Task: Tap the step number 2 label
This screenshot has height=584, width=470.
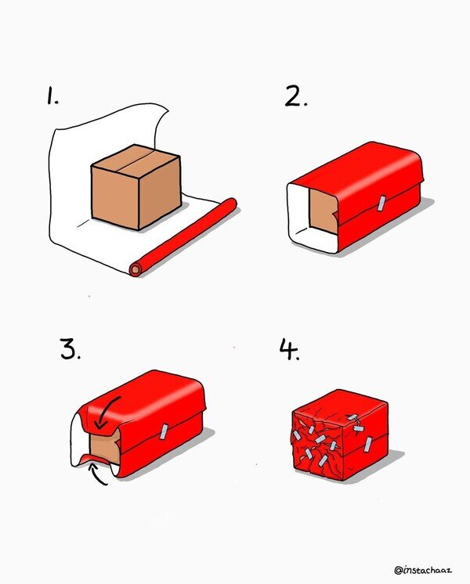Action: (296, 96)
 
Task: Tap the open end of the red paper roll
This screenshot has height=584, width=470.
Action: (136, 269)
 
